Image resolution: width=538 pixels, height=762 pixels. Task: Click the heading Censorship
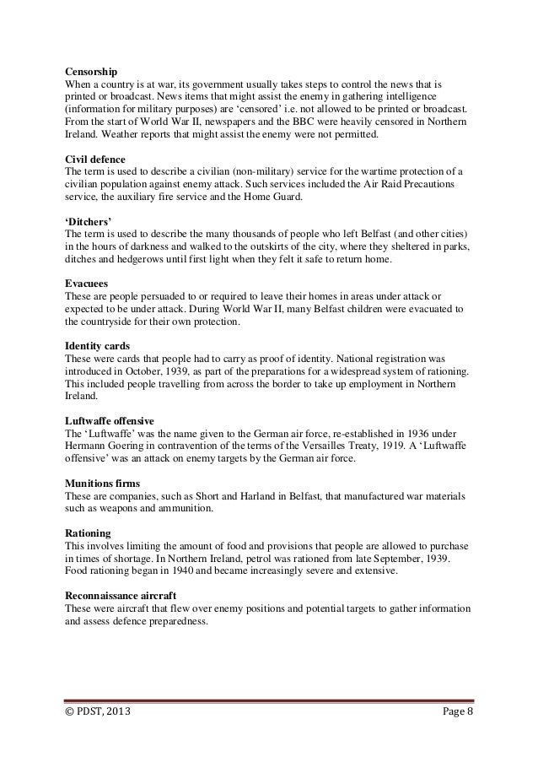pos(93,71)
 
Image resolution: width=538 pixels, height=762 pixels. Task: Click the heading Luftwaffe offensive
pos(109,419)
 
